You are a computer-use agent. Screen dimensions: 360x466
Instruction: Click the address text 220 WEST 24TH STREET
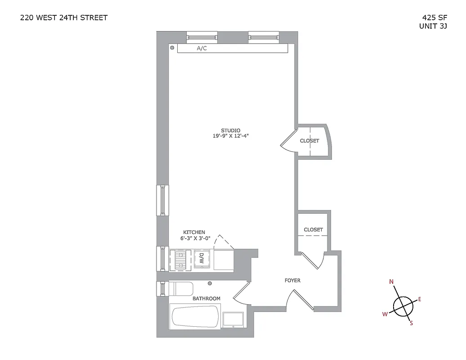[x=64, y=18]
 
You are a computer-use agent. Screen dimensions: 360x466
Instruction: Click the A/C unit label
[x=202, y=48]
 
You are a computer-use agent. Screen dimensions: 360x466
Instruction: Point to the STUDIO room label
[x=231, y=130]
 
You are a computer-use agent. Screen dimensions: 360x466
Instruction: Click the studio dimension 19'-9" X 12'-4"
[x=231, y=136]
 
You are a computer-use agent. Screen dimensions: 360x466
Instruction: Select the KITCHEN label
[x=194, y=232]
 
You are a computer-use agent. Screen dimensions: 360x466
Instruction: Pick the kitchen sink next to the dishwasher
[x=181, y=260]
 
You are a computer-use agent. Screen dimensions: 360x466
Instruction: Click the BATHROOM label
[x=206, y=298]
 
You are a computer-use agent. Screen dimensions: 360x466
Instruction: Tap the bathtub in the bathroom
[x=195, y=316]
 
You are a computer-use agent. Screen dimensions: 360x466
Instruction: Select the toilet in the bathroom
[x=181, y=288]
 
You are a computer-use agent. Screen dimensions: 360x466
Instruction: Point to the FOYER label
[x=292, y=280]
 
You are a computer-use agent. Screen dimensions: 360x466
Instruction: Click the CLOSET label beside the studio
[x=309, y=141]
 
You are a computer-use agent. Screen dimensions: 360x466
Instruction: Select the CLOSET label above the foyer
[x=313, y=229]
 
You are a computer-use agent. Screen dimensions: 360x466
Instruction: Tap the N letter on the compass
[x=391, y=282]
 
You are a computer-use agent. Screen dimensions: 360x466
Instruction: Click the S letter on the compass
[x=411, y=322]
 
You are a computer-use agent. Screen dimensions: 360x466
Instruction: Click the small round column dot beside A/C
[x=172, y=47]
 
